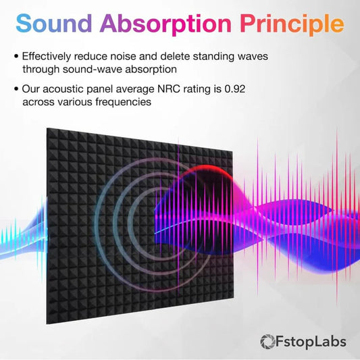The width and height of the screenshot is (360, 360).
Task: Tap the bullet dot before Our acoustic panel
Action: tap(16, 88)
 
